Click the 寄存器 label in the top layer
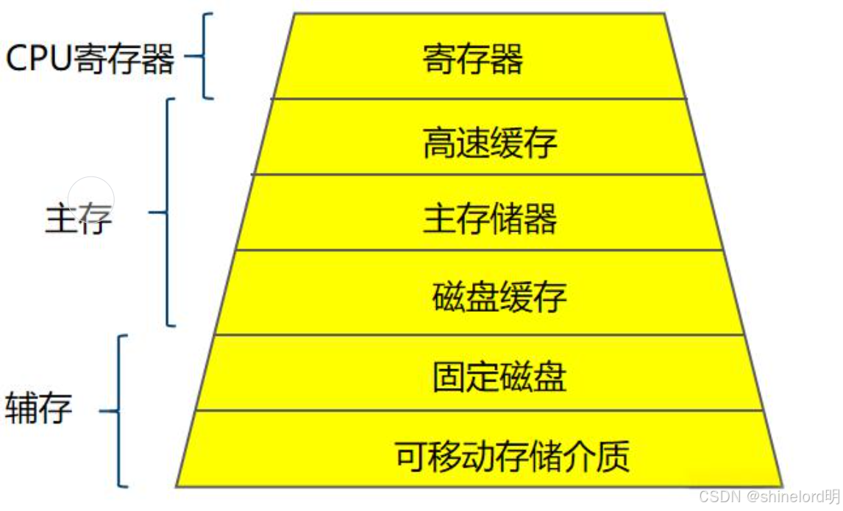click(x=473, y=59)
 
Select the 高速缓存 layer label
click(x=490, y=142)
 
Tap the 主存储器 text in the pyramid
click(x=490, y=218)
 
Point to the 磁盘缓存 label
click(x=499, y=297)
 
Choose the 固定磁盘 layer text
click(x=499, y=377)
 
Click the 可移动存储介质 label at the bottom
click(x=513, y=456)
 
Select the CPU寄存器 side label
click(x=90, y=59)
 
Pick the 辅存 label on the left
click(x=39, y=409)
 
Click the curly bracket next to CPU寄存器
click(x=203, y=55)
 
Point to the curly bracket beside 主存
click(x=165, y=212)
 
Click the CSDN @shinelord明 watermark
click(x=768, y=496)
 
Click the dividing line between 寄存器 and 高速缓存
click(x=478, y=99)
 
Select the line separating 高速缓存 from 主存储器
click(x=478, y=174)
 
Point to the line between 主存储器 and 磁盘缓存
click(x=478, y=250)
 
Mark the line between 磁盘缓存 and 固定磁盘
click(x=478, y=335)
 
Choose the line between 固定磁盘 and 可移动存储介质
click(x=478, y=411)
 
